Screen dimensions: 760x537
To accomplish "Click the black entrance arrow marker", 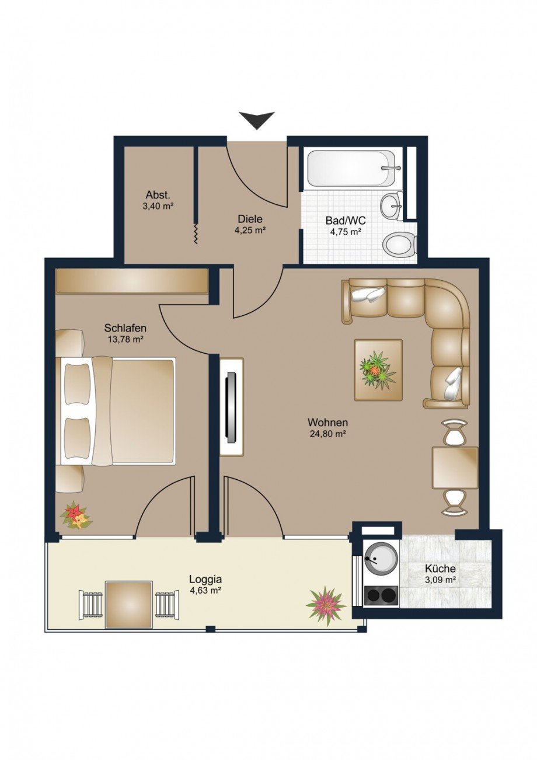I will coord(256,120).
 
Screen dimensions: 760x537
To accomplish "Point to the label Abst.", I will coord(158,196).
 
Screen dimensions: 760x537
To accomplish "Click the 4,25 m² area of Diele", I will coord(250,230).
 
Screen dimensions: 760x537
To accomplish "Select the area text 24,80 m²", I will coord(328,433).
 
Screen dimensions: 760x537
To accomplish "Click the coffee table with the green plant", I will coord(378,370).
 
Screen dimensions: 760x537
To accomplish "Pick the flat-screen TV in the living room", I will coord(231,406).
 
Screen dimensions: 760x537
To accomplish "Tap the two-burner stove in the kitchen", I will coord(381,595).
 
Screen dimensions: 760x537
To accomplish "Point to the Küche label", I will coord(440,569).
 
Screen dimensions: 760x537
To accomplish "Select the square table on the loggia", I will coord(129,604).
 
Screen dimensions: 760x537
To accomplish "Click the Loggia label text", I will coord(205,580).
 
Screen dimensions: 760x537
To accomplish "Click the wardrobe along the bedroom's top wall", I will coord(132,281).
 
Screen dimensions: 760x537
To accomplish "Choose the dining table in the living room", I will coord(455,468).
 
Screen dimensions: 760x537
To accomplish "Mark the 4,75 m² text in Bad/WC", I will coord(343,232).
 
